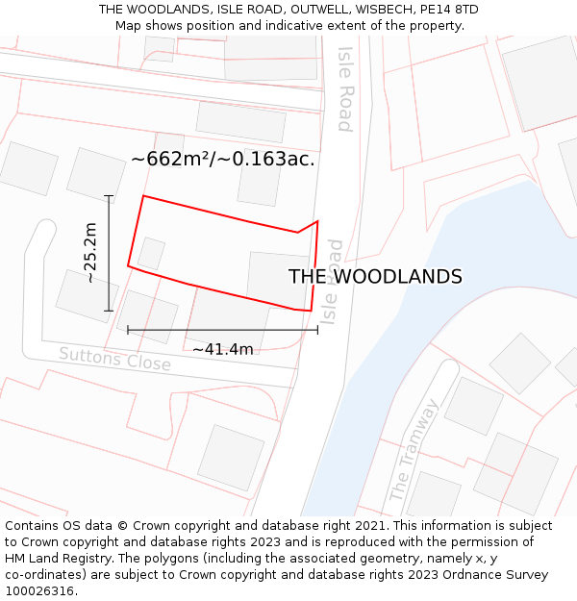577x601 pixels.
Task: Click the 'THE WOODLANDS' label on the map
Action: [x=375, y=277]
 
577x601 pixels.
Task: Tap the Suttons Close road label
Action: [x=114, y=360]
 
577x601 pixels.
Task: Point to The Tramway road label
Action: [x=414, y=450]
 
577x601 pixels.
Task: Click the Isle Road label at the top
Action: [x=344, y=88]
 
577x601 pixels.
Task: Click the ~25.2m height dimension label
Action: [x=89, y=253]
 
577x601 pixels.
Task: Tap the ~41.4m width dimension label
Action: [x=222, y=349]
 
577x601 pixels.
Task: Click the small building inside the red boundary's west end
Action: [x=151, y=254]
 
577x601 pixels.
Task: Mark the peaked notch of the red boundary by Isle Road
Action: [x=316, y=222]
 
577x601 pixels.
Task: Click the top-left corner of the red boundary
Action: [x=143, y=197]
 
